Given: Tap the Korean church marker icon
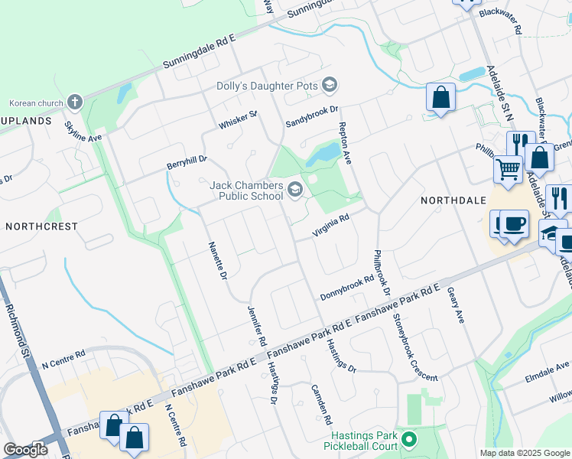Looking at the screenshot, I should click(x=75, y=102).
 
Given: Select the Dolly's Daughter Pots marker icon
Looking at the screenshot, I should click(x=330, y=84).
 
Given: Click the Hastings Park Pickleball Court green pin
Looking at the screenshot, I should click(x=409, y=439).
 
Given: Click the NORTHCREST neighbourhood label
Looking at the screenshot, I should click(x=41, y=227).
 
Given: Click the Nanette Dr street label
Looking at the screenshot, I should click(x=218, y=260).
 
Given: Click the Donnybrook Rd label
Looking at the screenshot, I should click(x=346, y=287).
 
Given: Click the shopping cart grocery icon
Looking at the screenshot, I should click(x=508, y=168).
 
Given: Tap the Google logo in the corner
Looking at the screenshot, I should click(x=25, y=450).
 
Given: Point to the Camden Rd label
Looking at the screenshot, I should click(x=321, y=404).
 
